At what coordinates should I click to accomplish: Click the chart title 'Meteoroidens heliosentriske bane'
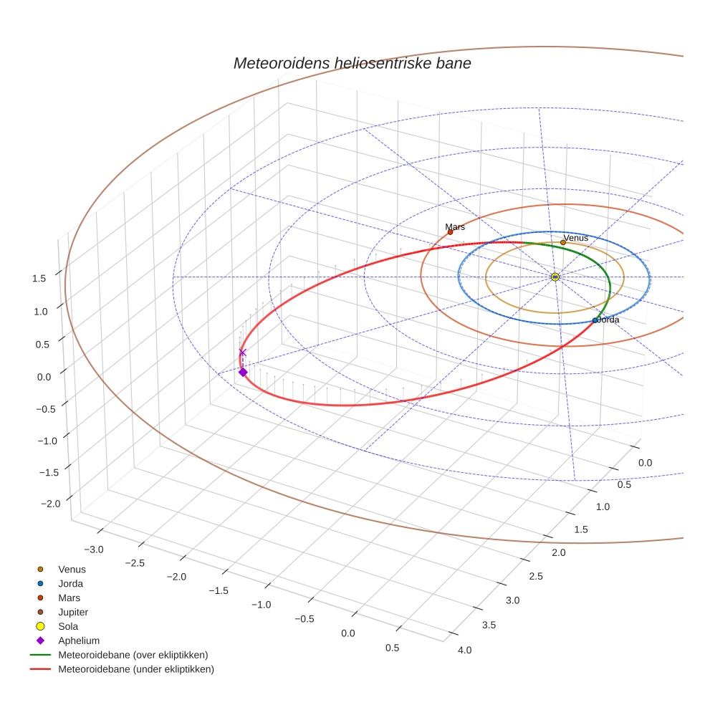[352, 63]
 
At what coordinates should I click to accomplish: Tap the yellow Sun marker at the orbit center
[555, 277]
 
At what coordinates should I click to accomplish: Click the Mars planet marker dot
[450, 232]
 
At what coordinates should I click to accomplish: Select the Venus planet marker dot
[563, 242]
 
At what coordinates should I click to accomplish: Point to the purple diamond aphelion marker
[243, 372]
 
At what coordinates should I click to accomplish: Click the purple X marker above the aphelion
[242, 352]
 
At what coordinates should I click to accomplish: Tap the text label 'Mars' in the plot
[455, 226]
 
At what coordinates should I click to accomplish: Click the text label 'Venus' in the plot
[575, 238]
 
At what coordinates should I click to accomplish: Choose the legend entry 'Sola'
[68, 626]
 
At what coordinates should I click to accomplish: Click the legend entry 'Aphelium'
[78, 641]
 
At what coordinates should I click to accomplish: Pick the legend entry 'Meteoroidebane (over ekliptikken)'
[133, 655]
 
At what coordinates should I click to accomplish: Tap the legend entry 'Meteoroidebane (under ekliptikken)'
[135, 669]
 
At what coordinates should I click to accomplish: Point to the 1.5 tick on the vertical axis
[39, 278]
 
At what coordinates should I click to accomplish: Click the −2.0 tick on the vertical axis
[50, 504]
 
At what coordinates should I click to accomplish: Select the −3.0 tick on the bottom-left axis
[94, 549]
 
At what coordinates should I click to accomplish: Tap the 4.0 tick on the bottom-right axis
[464, 650]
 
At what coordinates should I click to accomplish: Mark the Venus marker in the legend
[41, 569]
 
